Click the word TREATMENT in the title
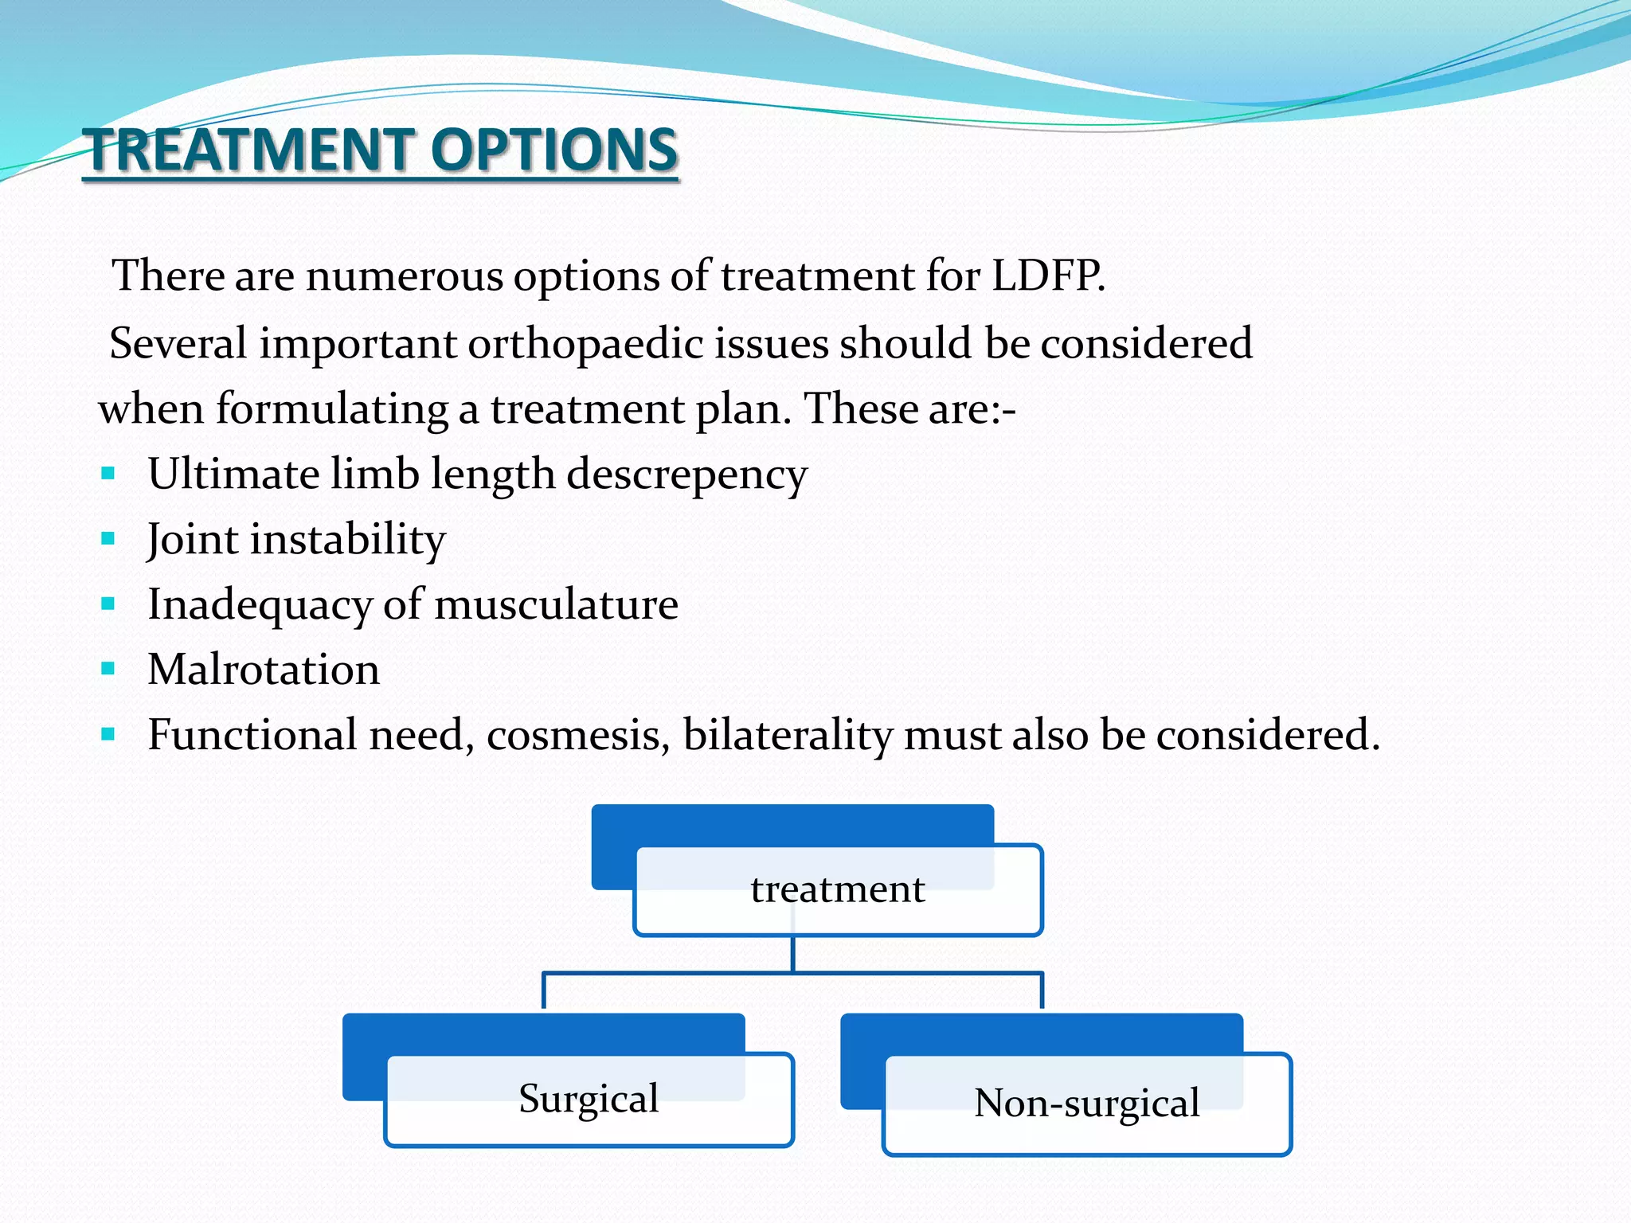(251, 150)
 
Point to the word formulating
(331, 409)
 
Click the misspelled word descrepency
(686, 475)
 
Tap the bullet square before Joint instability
(108, 539)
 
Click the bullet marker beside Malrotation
(108, 669)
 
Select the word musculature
(556, 604)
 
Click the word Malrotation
(264, 670)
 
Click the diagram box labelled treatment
(838, 890)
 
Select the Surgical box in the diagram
(589, 1100)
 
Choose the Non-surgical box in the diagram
(1086, 1104)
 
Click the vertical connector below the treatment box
(793, 954)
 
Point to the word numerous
(404, 276)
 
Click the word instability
(347, 540)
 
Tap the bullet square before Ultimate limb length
(108, 475)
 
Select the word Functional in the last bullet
(252, 735)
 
